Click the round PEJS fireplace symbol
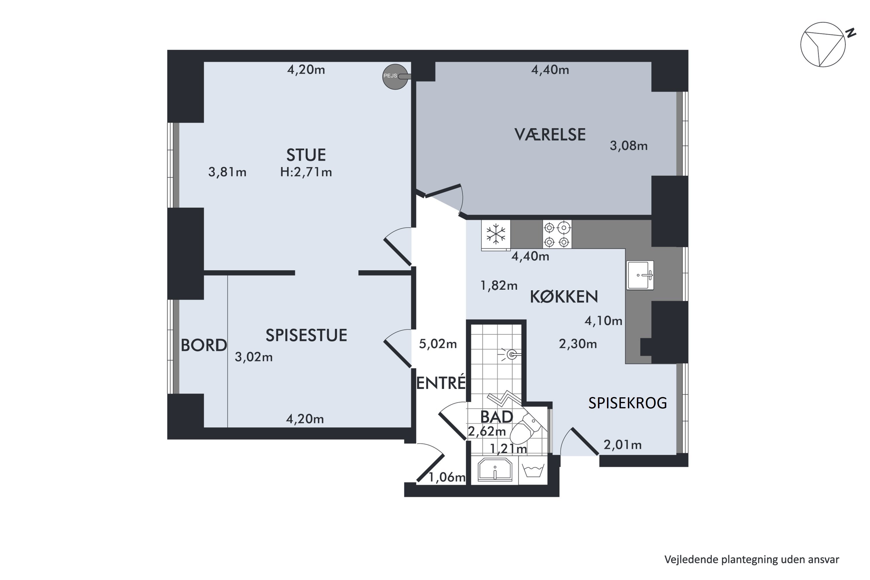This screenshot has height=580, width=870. pos(395,77)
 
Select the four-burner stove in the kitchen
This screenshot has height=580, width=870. pos(557,234)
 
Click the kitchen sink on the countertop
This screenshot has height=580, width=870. pos(640,275)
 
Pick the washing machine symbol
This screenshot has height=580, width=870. pos(533,470)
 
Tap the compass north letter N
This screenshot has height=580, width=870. pos(851,33)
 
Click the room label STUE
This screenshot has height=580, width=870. pos(306,155)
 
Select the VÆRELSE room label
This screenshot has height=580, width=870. pos(550,135)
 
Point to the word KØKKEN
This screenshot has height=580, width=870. pos(564,297)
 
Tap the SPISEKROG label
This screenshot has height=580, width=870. pos(628,403)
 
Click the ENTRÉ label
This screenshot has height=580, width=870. pos(441,383)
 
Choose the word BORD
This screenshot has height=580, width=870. pos(204,345)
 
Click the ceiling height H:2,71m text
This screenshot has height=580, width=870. pos(306,172)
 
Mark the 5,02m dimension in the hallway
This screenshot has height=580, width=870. pos(438,344)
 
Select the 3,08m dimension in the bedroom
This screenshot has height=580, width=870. pos(629,146)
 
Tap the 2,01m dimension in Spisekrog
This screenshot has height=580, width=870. pos(623,445)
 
